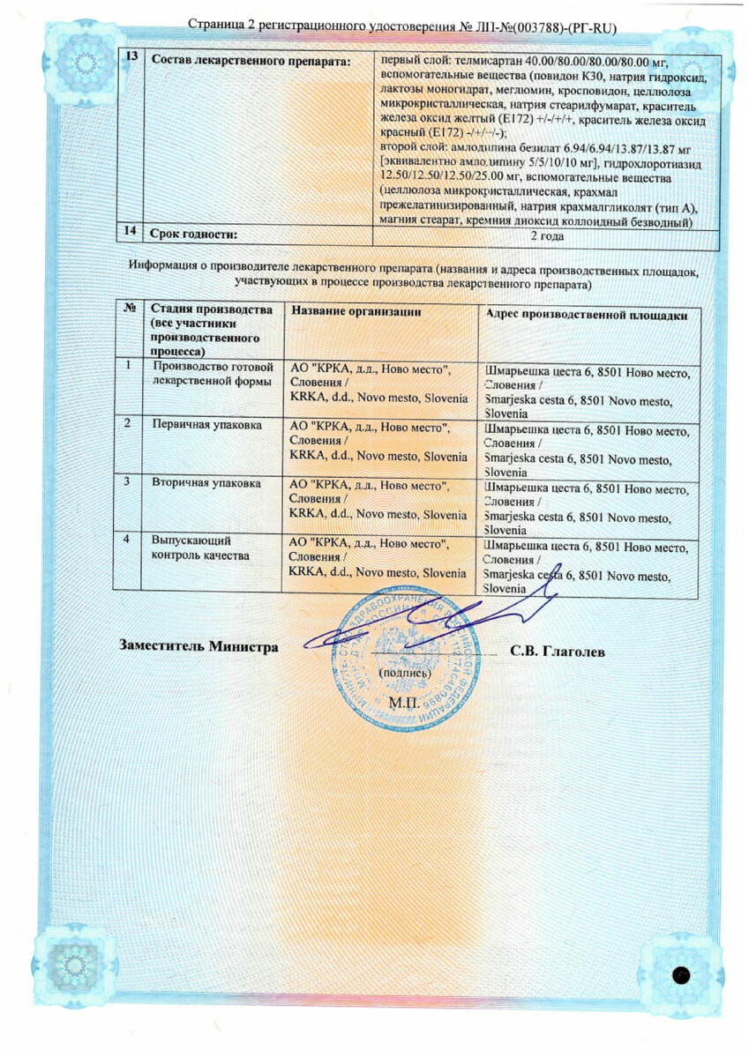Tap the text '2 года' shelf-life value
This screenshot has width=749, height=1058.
(x=546, y=235)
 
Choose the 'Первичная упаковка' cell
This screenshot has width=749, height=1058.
(x=206, y=425)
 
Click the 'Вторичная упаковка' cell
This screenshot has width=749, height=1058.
(x=206, y=483)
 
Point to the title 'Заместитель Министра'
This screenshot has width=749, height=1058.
(x=198, y=645)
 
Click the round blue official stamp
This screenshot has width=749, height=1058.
(x=410, y=657)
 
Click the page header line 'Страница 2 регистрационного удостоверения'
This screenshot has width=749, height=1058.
(x=401, y=28)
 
